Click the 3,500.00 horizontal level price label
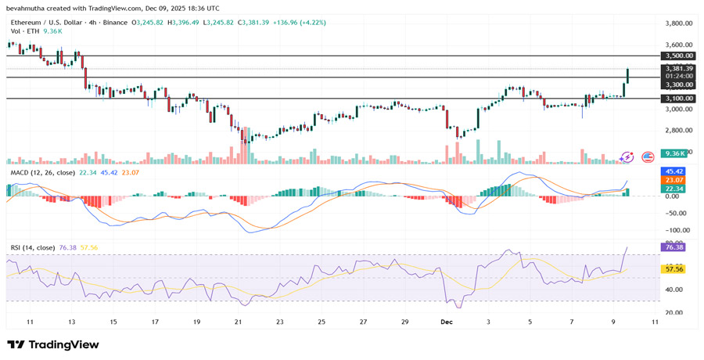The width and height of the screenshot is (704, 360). pyautogui.click(x=678, y=56)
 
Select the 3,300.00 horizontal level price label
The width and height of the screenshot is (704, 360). pyautogui.click(x=678, y=85)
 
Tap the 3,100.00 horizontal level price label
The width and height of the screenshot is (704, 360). pyautogui.click(x=678, y=99)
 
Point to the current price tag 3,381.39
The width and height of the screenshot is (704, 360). pyautogui.click(x=678, y=68)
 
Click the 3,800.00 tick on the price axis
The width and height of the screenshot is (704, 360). pyautogui.click(x=679, y=23)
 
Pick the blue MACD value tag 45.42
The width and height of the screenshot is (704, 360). pyautogui.click(x=673, y=171)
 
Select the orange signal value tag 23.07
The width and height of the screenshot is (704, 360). pyautogui.click(x=673, y=180)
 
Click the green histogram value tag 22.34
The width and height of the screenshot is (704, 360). pyautogui.click(x=673, y=189)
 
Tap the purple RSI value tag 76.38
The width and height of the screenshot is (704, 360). pyautogui.click(x=673, y=247)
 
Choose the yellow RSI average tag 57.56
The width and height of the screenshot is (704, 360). pyautogui.click(x=673, y=268)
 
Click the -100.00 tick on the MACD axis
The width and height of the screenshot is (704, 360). pyautogui.click(x=677, y=230)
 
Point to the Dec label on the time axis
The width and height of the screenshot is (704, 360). pyautogui.click(x=447, y=322)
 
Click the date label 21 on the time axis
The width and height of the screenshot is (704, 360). pyautogui.click(x=238, y=322)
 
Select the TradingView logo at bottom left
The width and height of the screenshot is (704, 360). pyautogui.click(x=53, y=344)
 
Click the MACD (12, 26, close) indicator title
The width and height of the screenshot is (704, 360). pyautogui.click(x=42, y=172)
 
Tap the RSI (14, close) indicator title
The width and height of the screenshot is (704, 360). pyautogui.click(x=32, y=247)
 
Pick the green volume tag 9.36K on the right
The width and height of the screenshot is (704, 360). pyautogui.click(x=673, y=154)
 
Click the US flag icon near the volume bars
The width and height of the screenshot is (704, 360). pyautogui.click(x=648, y=157)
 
